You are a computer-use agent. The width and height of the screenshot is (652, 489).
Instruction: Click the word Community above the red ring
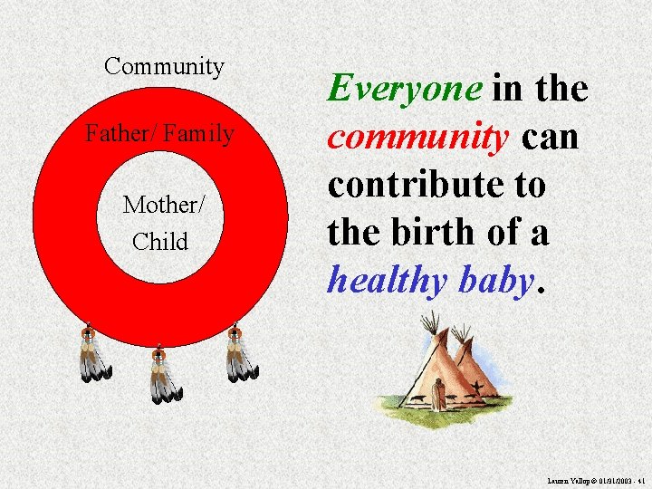click(x=164, y=66)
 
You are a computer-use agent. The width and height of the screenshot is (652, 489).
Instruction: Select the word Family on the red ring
click(x=199, y=135)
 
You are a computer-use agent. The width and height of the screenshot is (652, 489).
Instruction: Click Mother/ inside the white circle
click(x=164, y=204)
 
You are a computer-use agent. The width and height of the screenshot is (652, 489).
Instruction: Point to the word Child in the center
click(x=160, y=242)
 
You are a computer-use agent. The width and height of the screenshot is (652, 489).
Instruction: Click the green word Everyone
click(x=405, y=89)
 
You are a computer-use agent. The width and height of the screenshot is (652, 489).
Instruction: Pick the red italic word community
click(x=417, y=137)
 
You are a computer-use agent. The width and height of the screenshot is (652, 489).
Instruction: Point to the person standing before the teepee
click(x=438, y=394)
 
